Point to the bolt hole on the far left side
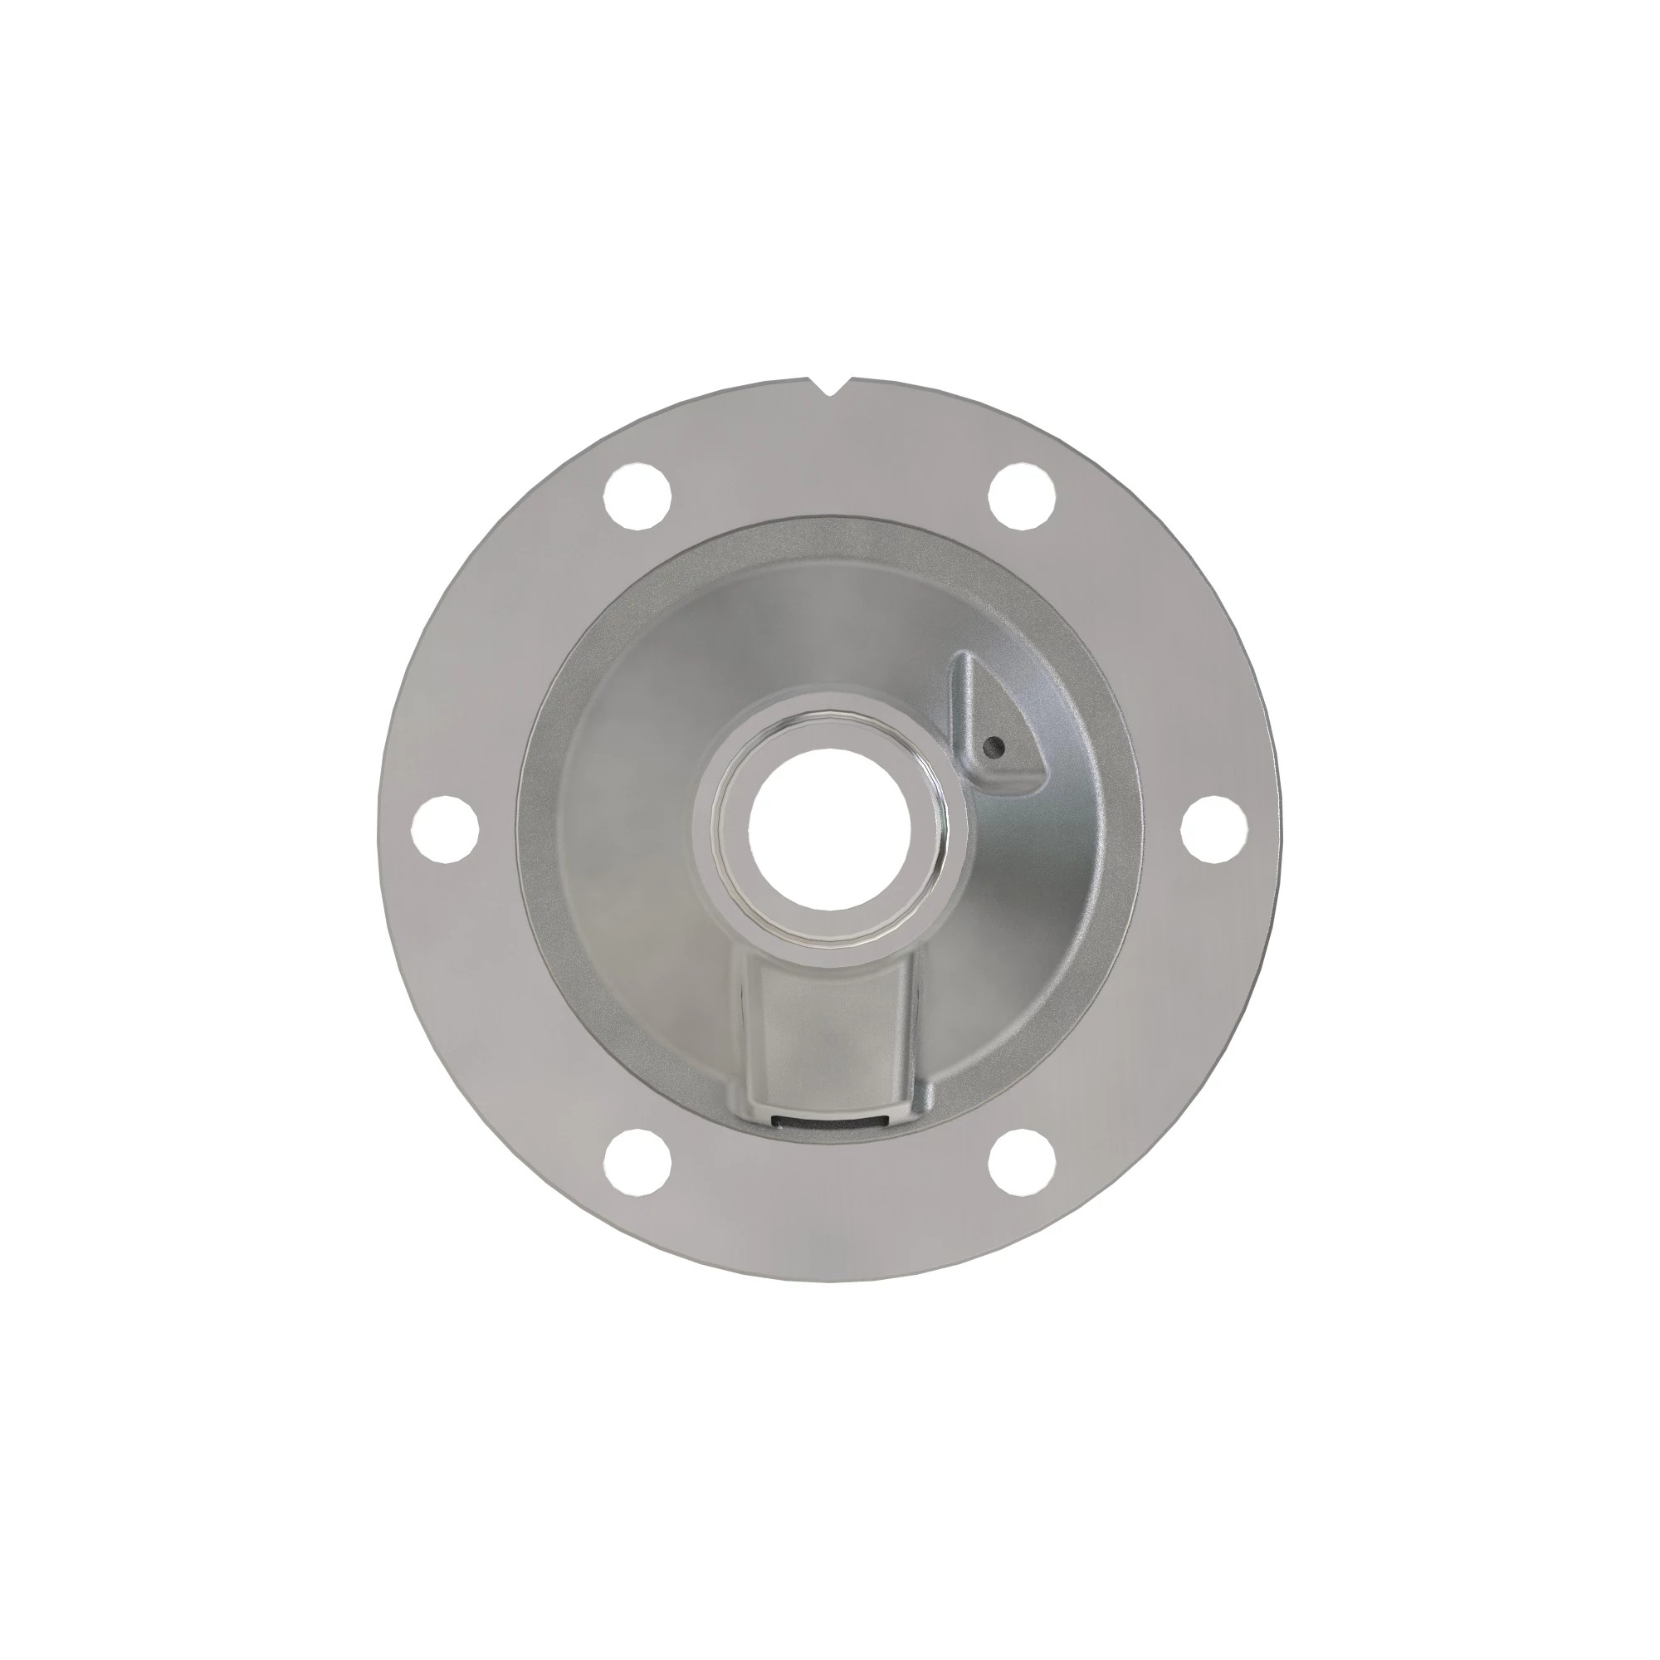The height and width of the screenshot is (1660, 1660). [x=445, y=828]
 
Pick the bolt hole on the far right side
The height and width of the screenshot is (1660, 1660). [x=1215, y=828]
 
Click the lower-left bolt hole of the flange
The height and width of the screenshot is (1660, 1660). [x=637, y=1164]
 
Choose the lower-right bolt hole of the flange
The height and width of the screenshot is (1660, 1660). [x=1023, y=1164]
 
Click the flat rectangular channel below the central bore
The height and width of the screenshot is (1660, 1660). [x=829, y=1031]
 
